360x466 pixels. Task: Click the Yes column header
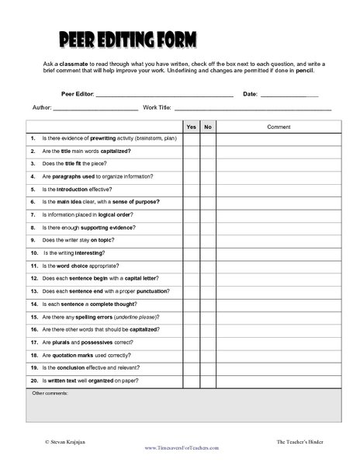pyautogui.click(x=191, y=127)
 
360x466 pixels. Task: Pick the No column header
pyautogui.click(x=208, y=127)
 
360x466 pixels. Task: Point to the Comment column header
pyautogui.click(x=279, y=127)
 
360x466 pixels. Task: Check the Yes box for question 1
pyautogui.click(x=191, y=138)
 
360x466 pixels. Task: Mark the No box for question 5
pyautogui.click(x=208, y=189)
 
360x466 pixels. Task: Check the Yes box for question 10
pyautogui.click(x=191, y=253)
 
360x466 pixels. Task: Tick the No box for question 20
pyautogui.click(x=208, y=381)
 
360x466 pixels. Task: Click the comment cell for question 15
pyautogui.click(x=279, y=317)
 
